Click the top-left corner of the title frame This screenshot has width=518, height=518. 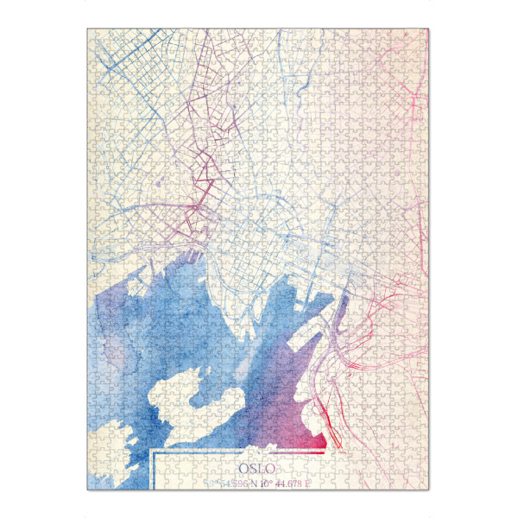(152, 451)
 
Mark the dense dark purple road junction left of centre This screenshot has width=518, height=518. (200, 207)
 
